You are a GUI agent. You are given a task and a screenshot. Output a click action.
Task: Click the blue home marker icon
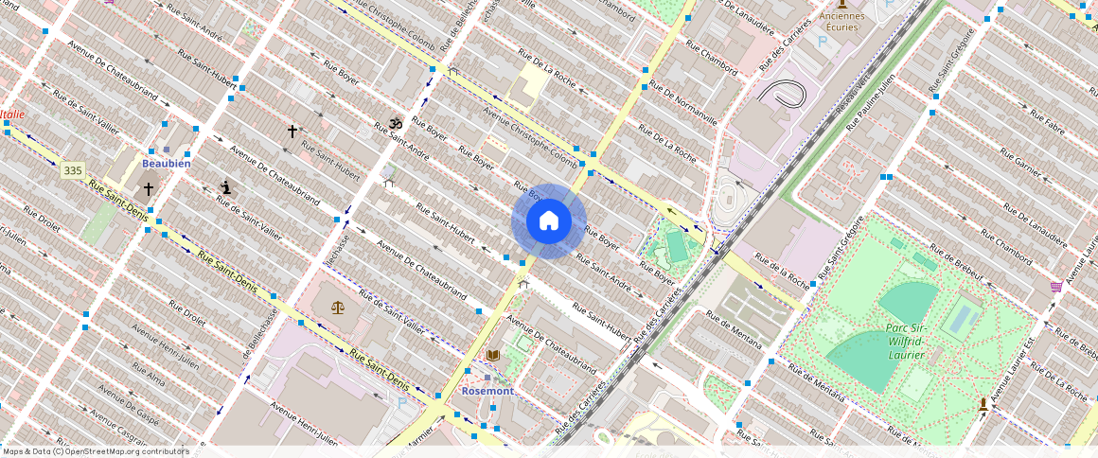point(549,221)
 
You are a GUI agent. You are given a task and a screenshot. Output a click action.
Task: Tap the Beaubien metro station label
point(167,164)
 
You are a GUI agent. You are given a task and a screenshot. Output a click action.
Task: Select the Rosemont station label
point(487,391)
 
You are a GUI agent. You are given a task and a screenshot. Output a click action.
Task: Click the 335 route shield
point(72,170)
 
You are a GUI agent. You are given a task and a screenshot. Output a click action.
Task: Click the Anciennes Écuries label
point(841,21)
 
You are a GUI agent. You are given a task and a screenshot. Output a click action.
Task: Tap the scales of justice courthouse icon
point(338,307)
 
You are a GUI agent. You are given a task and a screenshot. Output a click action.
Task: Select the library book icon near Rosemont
point(492,355)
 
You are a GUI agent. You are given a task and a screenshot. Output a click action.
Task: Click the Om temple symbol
point(396,123)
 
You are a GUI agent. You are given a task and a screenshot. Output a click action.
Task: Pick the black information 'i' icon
point(225,187)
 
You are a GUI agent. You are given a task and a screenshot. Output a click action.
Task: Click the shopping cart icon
point(1055,286)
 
